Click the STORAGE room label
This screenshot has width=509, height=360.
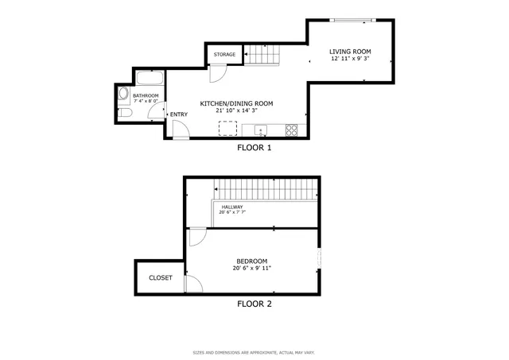click(224, 55)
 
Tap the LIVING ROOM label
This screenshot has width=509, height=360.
click(350, 52)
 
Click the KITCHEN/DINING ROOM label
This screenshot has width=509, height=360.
click(236, 103)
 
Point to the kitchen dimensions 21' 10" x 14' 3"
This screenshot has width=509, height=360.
click(236, 111)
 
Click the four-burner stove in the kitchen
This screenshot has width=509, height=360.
click(291, 130)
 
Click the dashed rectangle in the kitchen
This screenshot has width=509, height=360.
click(216, 128)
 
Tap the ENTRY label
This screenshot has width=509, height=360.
click(179, 114)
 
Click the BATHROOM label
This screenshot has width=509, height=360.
click(146, 96)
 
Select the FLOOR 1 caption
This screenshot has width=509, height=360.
click(254, 148)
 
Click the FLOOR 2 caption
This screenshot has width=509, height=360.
click(254, 304)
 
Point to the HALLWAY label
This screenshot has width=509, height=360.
click(232, 207)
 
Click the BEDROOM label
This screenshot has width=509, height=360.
click(251, 261)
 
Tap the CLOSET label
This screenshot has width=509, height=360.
click(161, 278)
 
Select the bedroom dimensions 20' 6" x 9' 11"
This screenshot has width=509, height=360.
click(251, 269)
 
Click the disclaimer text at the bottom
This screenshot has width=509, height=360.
click(254, 352)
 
